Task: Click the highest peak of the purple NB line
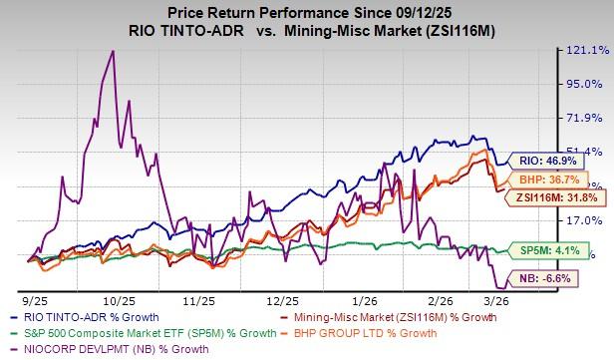point(114,51)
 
